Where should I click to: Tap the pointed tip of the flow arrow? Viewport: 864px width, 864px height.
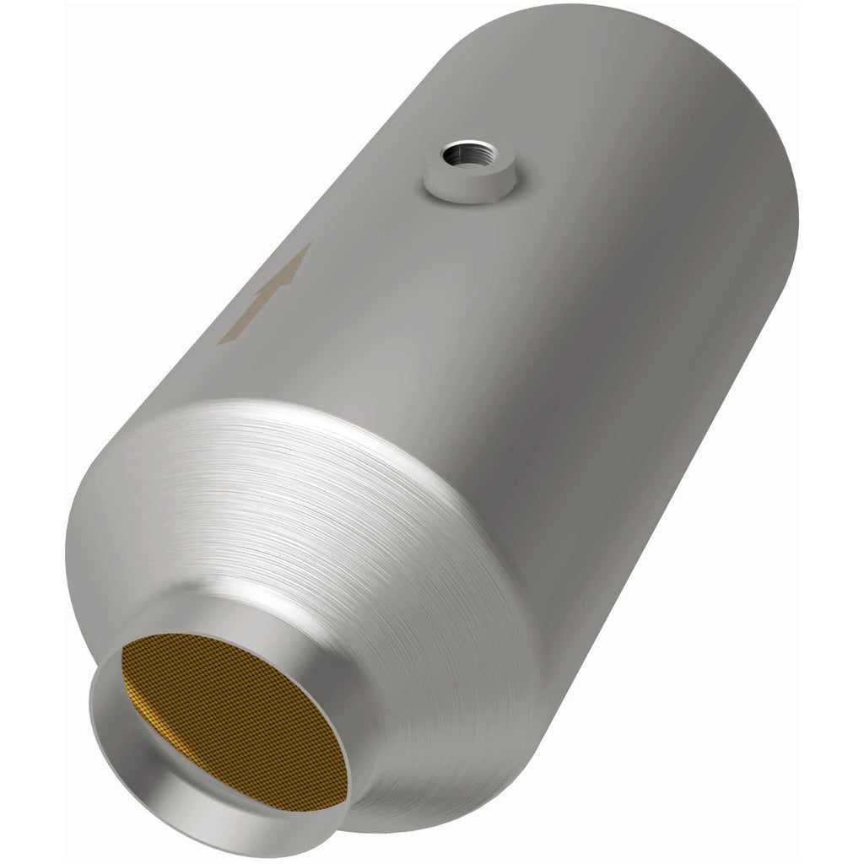[310, 242]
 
